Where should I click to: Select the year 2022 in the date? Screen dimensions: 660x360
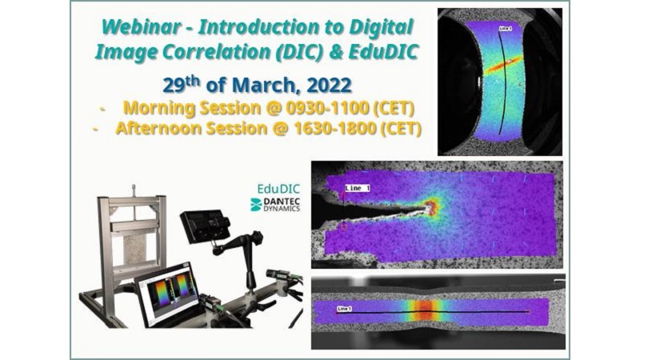pyautogui.click(x=329, y=86)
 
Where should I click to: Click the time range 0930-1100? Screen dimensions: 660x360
pyautogui.click(x=327, y=108)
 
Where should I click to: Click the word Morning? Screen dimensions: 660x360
pyautogui.click(x=158, y=109)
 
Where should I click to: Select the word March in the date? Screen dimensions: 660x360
pyautogui.click(x=266, y=86)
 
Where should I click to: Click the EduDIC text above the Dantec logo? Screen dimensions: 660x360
pyautogui.click(x=278, y=188)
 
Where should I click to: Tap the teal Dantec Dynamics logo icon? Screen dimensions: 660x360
pyautogui.click(x=256, y=205)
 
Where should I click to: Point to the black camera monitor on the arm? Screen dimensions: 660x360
pyautogui.click(x=205, y=226)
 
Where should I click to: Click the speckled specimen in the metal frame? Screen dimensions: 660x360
pyautogui.click(x=135, y=250)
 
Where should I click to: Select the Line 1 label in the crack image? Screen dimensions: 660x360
pyautogui.click(x=358, y=188)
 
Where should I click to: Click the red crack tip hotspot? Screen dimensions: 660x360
pyautogui.click(x=430, y=206)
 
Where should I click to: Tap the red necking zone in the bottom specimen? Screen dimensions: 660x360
pyautogui.click(x=426, y=312)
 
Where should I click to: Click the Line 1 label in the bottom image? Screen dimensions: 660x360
pyautogui.click(x=344, y=309)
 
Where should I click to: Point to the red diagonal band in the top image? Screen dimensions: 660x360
pyautogui.click(x=504, y=65)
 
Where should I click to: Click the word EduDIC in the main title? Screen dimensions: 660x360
pyautogui.click(x=382, y=52)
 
